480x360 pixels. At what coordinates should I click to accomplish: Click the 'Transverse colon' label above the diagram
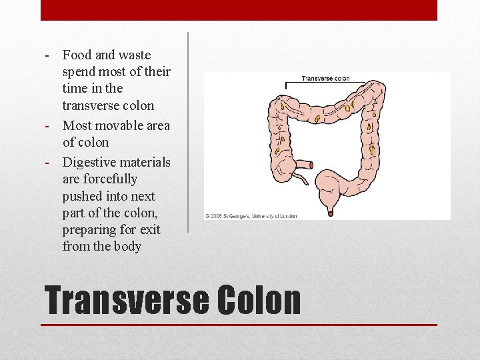(x=325, y=79)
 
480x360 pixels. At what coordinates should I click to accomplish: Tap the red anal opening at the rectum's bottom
(x=331, y=213)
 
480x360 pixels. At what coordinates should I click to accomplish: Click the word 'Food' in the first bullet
(x=76, y=55)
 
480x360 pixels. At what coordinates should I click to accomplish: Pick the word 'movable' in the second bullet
(x=117, y=125)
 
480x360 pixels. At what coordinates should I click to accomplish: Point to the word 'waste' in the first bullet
(x=135, y=55)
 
